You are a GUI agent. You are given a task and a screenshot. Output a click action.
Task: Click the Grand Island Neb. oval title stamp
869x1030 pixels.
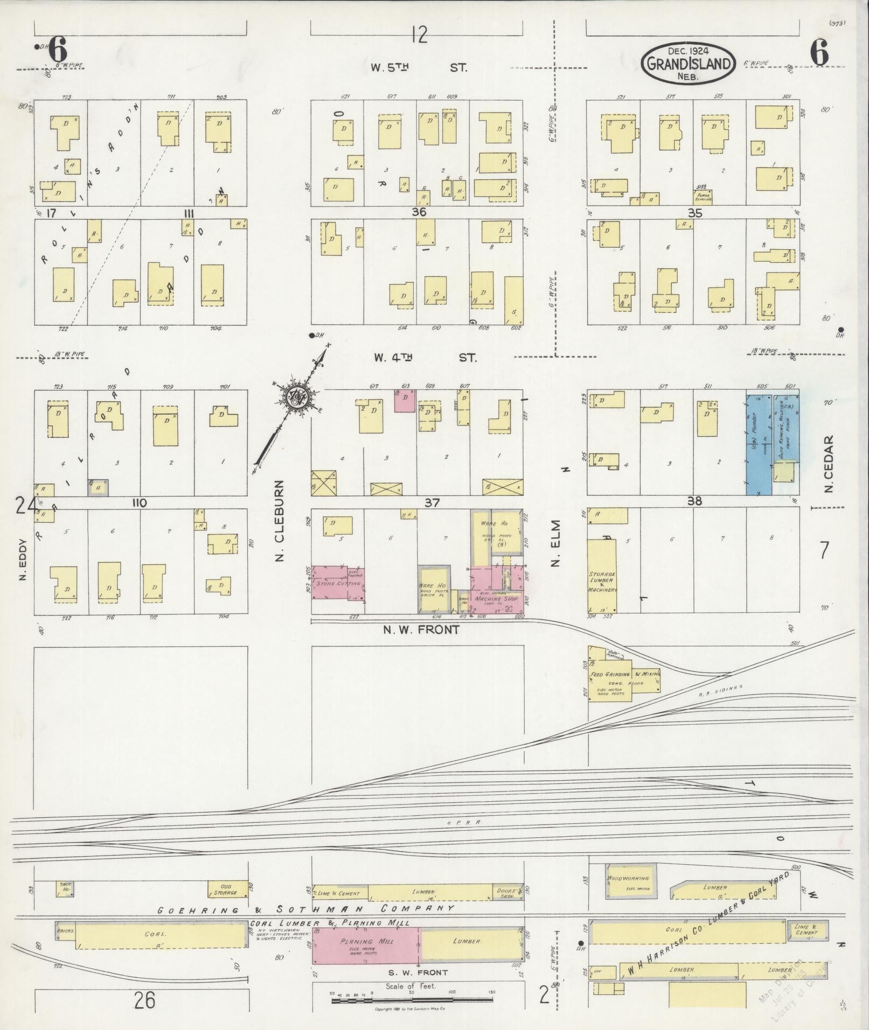pyautogui.click(x=688, y=64)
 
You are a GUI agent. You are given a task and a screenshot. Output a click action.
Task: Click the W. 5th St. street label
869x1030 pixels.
pyautogui.click(x=419, y=68)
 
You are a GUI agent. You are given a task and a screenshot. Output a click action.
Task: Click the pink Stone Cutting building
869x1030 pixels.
pyautogui.click(x=337, y=582)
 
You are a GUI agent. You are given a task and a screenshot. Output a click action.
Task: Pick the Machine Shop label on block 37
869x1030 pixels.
pyautogui.click(x=496, y=598)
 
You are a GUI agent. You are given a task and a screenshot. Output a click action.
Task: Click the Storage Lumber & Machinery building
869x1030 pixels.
pyautogui.click(x=602, y=576)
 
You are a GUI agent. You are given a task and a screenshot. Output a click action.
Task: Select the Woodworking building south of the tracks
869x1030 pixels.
pyautogui.click(x=630, y=881)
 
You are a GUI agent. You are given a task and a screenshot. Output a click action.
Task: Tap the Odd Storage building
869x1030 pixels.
pyautogui.click(x=228, y=888)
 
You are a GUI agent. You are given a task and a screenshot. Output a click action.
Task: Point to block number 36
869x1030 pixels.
pyautogui.click(x=419, y=212)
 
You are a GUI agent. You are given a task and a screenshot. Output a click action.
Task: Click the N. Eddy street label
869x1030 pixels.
pyautogui.click(x=23, y=559)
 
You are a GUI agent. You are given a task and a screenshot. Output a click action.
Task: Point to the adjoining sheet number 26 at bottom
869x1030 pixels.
pyautogui.click(x=145, y=1000)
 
